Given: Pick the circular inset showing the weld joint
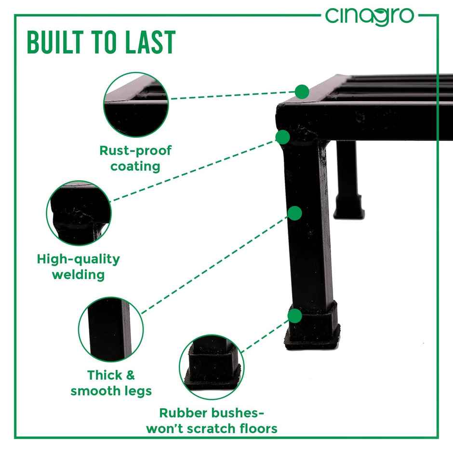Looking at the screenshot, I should [x=79, y=213].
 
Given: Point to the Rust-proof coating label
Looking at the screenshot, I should [x=135, y=159].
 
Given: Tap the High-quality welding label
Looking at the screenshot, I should [x=79, y=267].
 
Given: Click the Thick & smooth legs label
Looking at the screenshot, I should [x=111, y=383].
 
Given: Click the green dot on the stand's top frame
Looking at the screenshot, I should [x=302, y=91].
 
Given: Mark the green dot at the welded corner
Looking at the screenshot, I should [x=283, y=137].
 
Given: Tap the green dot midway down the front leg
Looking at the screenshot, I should [x=294, y=213].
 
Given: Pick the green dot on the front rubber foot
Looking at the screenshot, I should [x=295, y=316].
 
